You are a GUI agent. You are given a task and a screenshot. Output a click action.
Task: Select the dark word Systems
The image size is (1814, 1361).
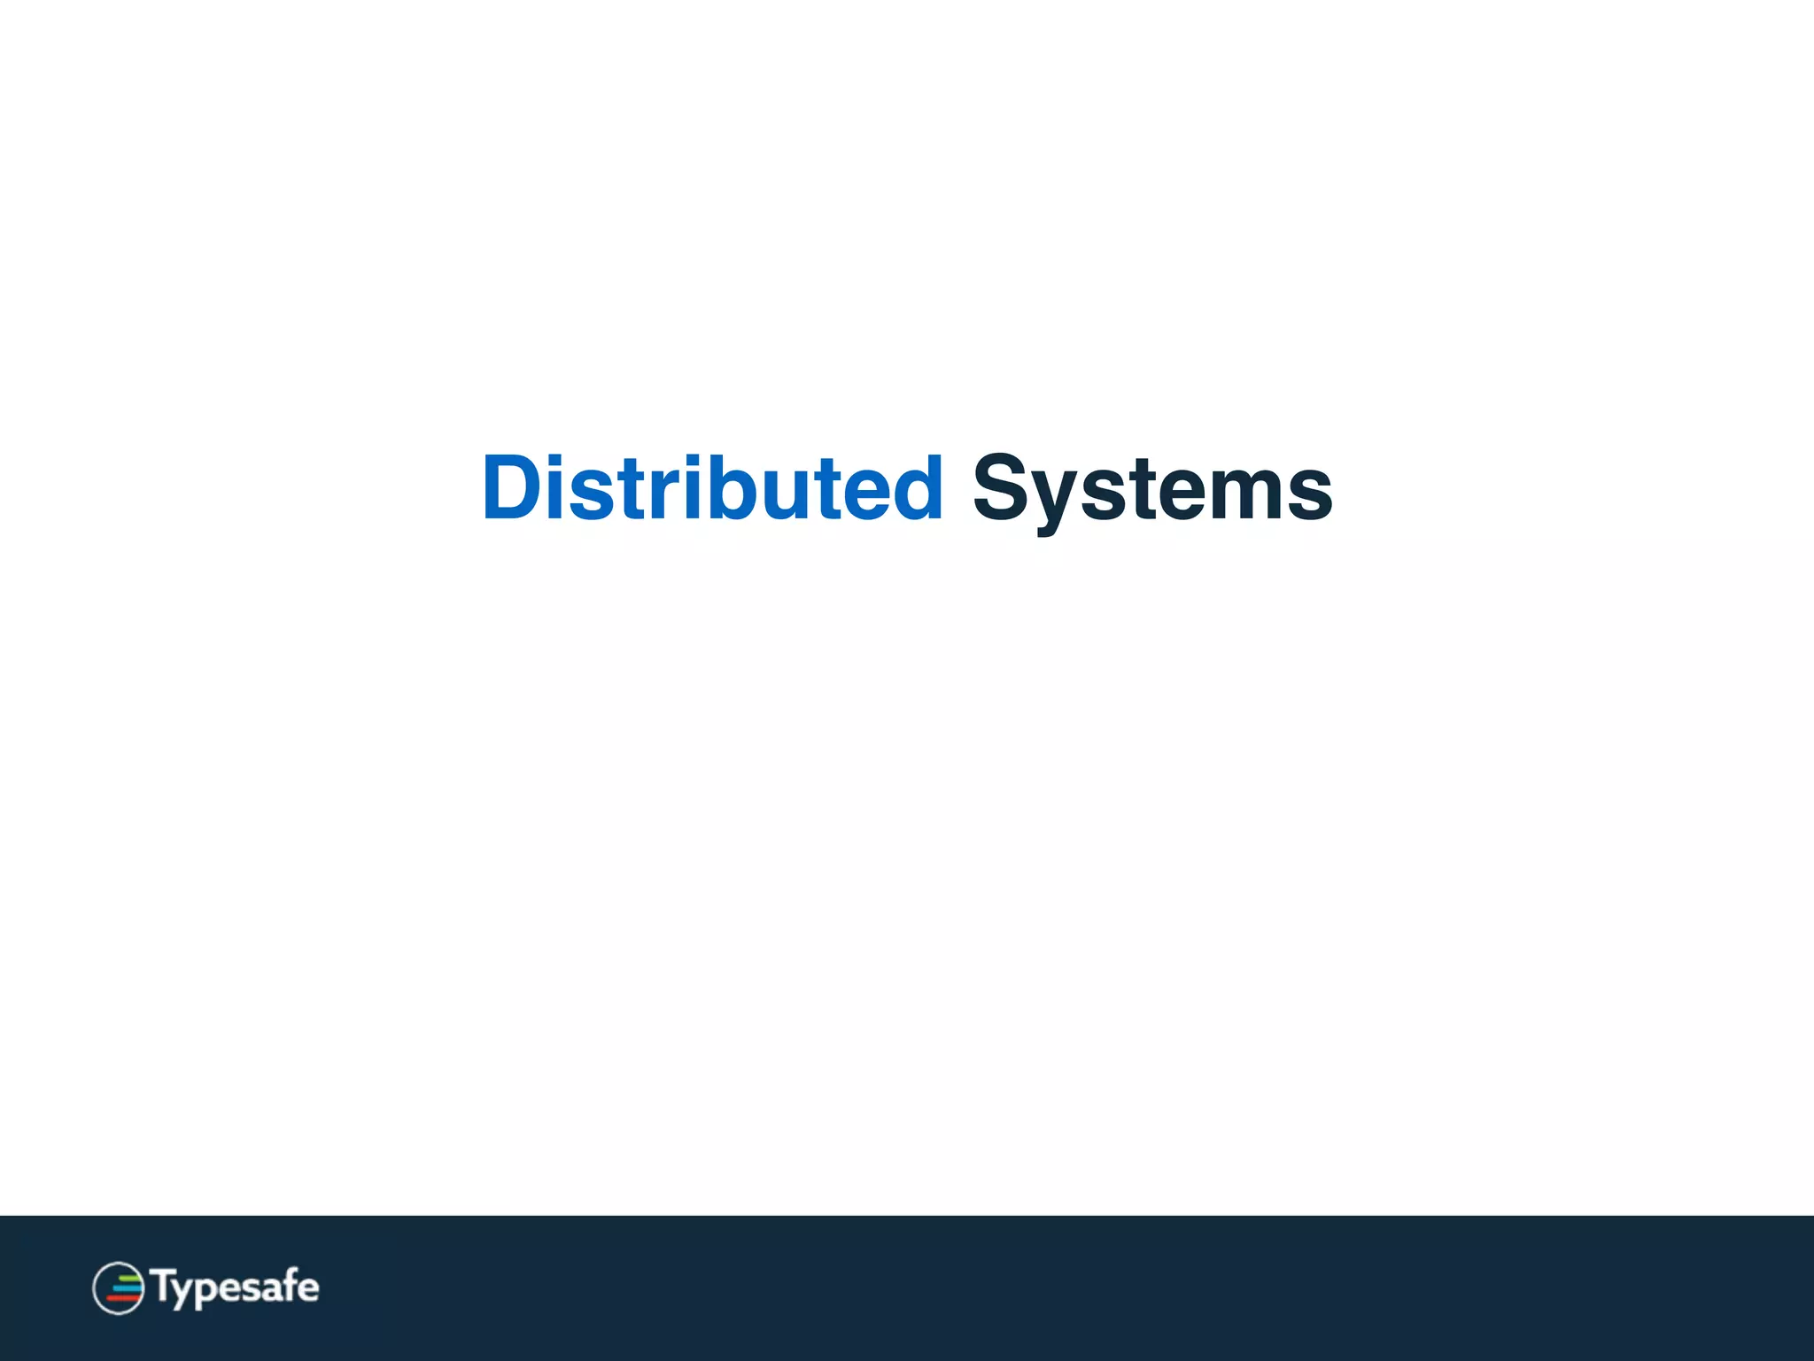1151,489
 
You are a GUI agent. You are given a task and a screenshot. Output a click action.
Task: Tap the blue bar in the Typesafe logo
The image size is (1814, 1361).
126,1287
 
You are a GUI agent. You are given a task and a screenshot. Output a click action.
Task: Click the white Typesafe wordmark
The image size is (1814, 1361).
235,1287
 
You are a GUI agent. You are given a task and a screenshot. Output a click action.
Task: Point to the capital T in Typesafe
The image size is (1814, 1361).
165,1285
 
